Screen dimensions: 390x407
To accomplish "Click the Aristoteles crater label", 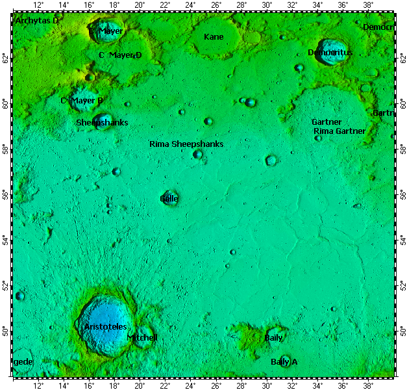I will point(105,327).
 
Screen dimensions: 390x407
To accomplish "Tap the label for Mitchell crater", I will point(142,338).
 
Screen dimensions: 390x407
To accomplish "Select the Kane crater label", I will point(214,37).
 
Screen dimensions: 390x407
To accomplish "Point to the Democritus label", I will point(330,52).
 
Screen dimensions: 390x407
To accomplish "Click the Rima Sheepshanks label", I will point(186,144).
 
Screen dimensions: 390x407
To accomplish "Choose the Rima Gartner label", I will point(339,131).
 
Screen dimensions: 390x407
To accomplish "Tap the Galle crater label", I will point(169,198).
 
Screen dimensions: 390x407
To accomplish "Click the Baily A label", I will point(284,361).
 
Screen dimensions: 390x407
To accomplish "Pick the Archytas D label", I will point(37,21).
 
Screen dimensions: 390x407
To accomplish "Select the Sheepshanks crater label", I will point(102,122).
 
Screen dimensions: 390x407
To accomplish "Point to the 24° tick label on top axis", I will point(191,6).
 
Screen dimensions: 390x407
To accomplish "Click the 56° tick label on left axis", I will point(6,194).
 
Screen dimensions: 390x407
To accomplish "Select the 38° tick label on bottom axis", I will point(367,385).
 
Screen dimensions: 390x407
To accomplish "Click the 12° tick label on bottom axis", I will point(39,385).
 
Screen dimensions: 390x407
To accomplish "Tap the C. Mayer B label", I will point(82,101).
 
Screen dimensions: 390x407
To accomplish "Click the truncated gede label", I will point(23,361).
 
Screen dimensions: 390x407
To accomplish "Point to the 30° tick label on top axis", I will point(267,6).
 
